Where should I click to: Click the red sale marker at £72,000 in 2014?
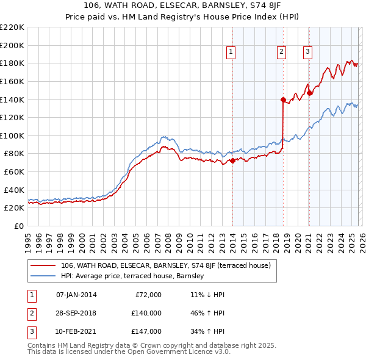coord(233,161)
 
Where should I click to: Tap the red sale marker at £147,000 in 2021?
coord(309,93)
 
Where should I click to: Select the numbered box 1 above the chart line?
coord(232,52)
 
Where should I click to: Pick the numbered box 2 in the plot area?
coord(281,52)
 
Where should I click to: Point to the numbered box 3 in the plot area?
coord(308,52)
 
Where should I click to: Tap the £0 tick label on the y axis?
coord(18,226)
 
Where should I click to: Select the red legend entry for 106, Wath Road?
coord(169,265)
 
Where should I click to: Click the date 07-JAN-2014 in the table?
coord(76,295)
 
